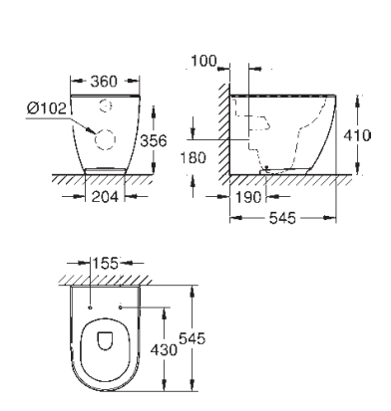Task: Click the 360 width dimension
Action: (104, 82)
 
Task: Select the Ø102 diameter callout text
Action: (47, 108)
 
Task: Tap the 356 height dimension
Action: (154, 140)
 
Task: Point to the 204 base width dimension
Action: (105, 197)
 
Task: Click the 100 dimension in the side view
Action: (203, 61)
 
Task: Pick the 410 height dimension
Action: (357, 135)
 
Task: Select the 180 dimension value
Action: (194, 157)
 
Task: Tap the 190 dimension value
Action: (248, 198)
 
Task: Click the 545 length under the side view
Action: (282, 218)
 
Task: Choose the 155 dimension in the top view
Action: (105, 264)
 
